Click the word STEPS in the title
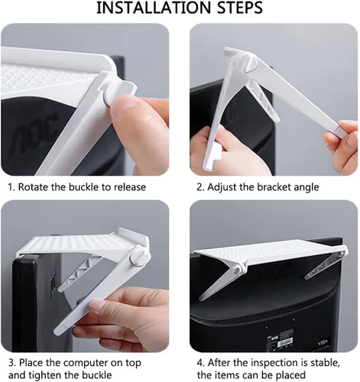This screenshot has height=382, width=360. coord(240,8)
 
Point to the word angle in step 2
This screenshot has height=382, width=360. coord(306,188)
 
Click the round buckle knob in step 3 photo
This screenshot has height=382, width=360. coord(138,257)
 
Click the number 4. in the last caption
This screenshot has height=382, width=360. coord(201,363)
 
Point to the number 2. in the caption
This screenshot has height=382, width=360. coord(200,187)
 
